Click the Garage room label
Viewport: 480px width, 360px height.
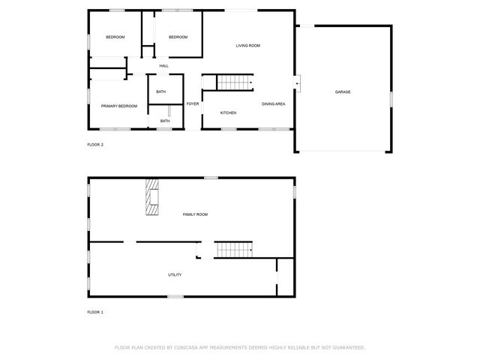click(343, 92)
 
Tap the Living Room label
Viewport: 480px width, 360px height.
click(248, 46)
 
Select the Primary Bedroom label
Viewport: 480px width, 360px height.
click(119, 106)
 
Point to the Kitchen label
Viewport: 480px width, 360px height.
click(228, 113)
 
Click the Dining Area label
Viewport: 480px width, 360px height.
click(273, 103)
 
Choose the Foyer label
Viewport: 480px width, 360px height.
click(193, 103)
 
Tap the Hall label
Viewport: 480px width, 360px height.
click(163, 66)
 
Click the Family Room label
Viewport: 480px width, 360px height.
click(196, 214)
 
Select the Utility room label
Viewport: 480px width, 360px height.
click(175, 274)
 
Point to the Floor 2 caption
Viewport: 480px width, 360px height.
click(95, 144)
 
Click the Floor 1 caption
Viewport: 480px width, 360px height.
click(95, 311)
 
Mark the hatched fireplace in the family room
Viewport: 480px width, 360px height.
click(152, 196)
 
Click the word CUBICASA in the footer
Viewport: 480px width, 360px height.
click(188, 348)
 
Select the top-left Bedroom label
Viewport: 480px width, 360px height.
click(115, 37)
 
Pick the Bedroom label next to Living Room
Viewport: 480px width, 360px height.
click(177, 37)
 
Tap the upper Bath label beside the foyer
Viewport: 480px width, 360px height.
click(161, 92)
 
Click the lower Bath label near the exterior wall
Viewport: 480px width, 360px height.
click(165, 121)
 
